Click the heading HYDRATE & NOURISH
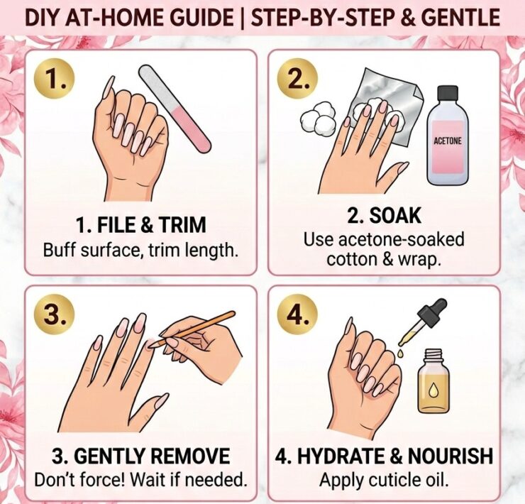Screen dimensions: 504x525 (384, 456)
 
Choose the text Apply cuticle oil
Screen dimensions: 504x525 (384, 479)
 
